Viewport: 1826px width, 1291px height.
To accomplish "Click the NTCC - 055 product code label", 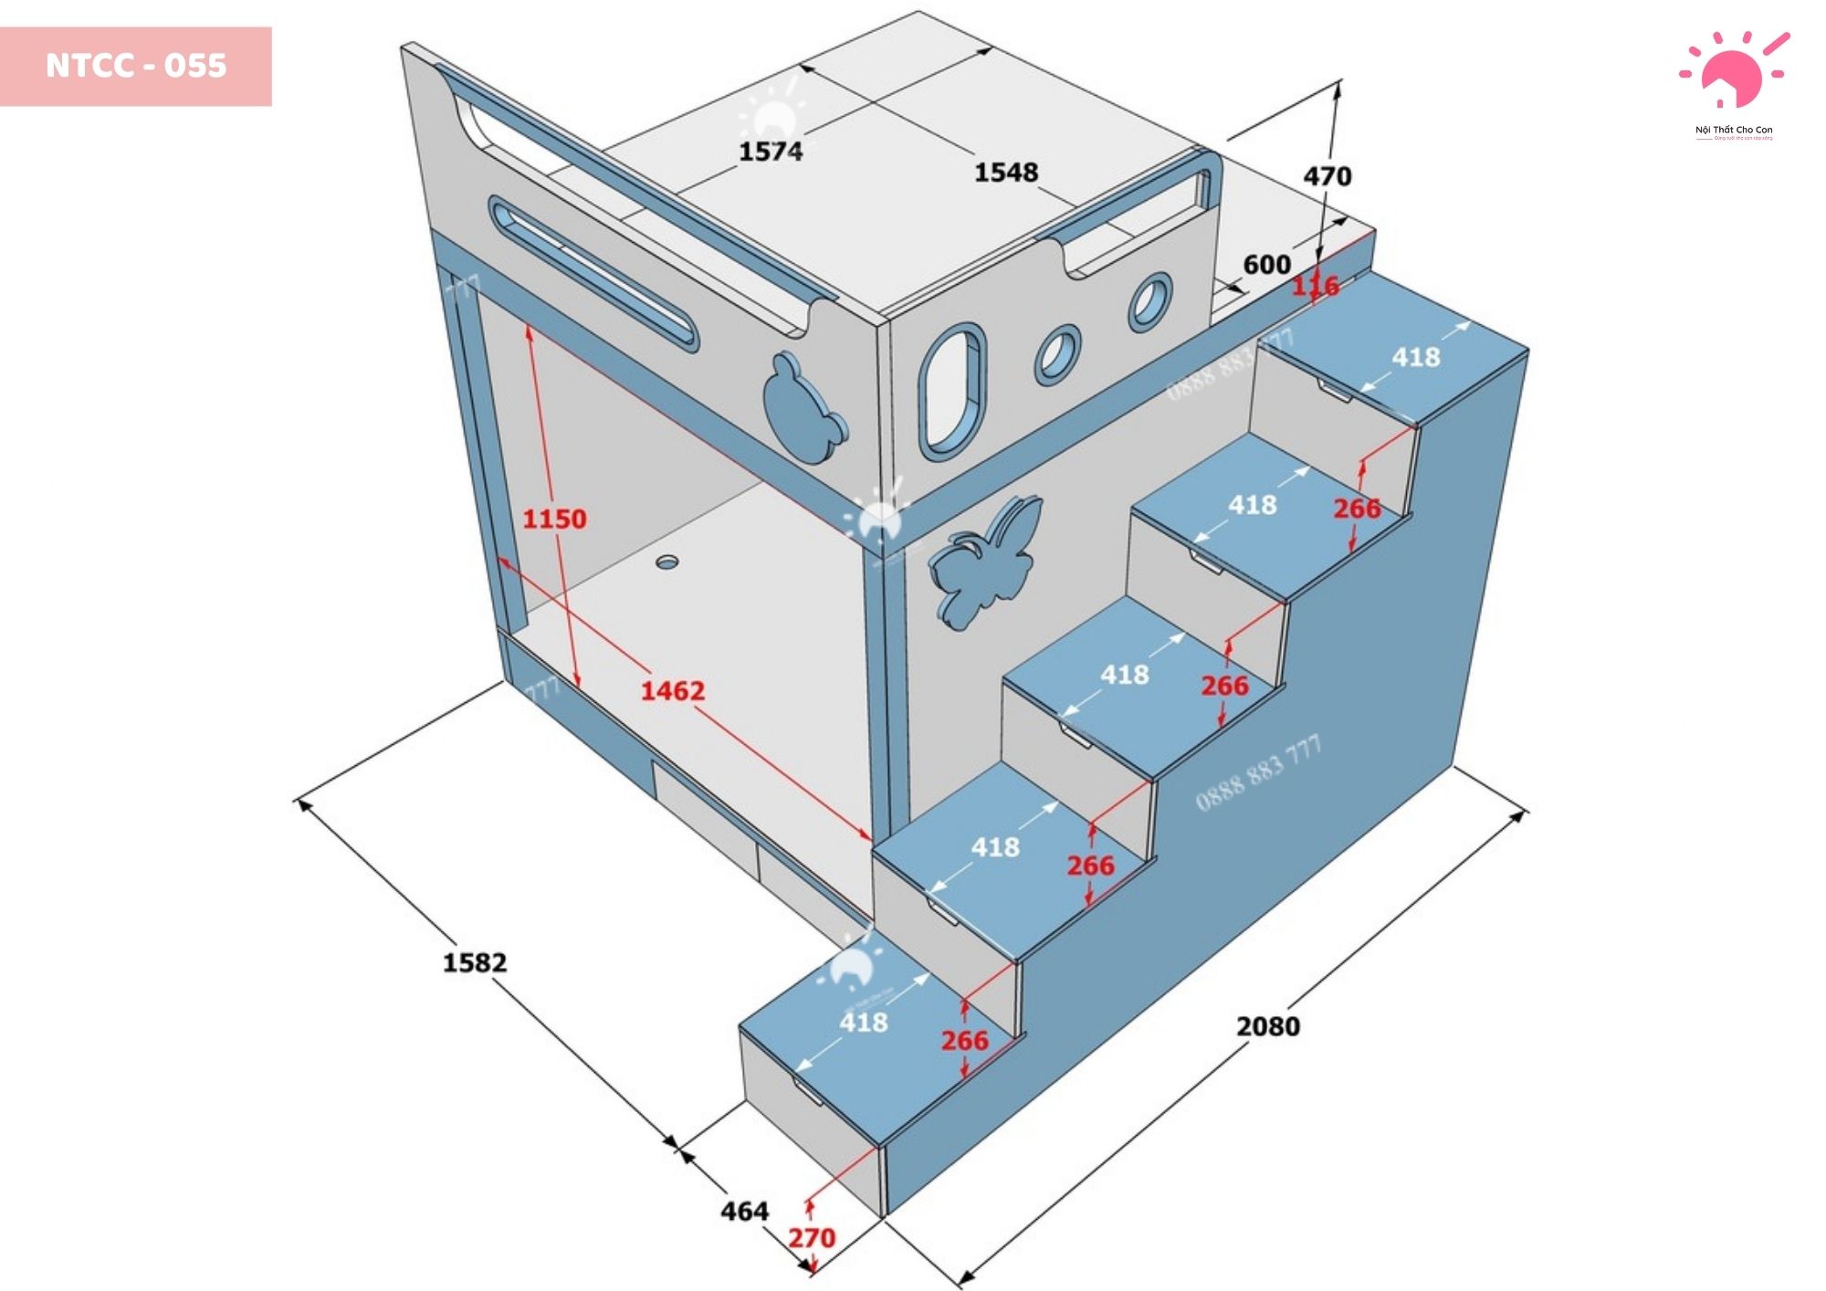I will (136, 66).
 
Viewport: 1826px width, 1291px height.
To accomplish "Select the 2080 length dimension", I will (1267, 1026).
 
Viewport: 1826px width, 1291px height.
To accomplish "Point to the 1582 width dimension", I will (474, 962).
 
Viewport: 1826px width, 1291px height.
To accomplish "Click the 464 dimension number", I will (744, 1212).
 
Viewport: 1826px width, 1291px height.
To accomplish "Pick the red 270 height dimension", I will (812, 1238).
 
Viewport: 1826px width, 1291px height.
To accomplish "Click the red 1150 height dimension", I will (554, 519).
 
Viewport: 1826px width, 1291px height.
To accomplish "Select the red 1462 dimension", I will (672, 690).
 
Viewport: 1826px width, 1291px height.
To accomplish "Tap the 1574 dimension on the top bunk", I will (771, 151).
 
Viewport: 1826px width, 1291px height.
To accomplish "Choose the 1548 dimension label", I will (1006, 172).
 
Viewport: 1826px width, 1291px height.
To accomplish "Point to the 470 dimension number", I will (1327, 176).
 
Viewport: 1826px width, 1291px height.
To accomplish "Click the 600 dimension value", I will (1267, 265).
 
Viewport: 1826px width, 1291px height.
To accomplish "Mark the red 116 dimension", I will (1315, 287).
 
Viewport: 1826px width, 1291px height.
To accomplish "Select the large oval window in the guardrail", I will (952, 390).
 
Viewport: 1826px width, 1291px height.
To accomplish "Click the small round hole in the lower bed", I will (667, 562).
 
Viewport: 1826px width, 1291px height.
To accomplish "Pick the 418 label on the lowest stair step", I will (863, 1022).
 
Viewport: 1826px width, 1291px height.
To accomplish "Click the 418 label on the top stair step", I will (1415, 357).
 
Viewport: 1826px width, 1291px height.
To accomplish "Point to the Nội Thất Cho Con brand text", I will (1733, 131).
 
